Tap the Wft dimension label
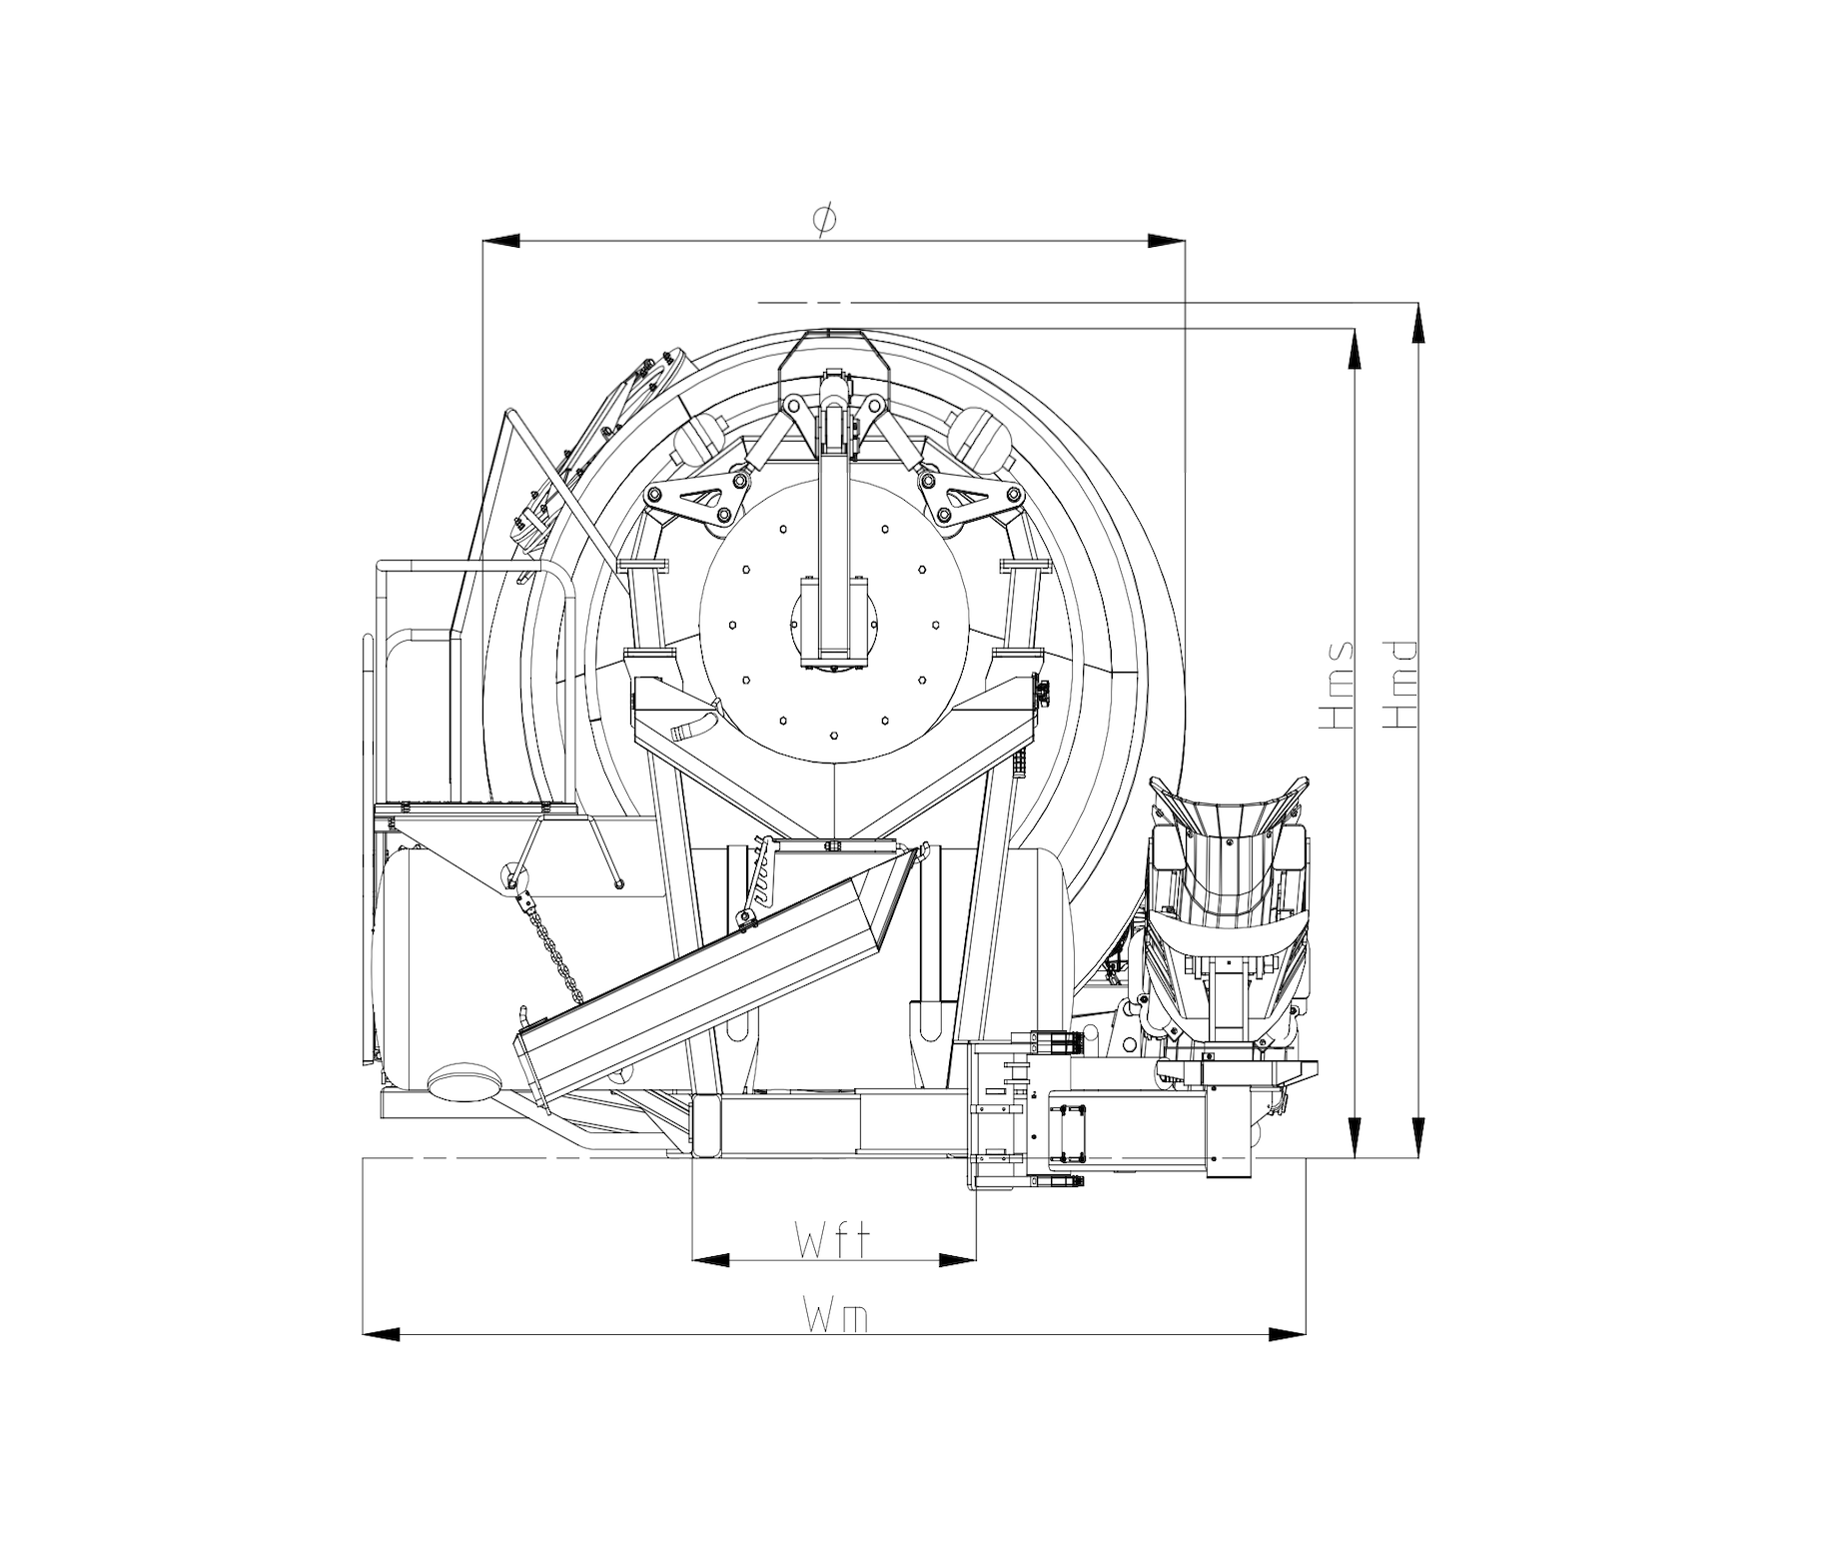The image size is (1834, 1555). coord(832,1242)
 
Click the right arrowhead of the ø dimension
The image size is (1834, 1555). coord(1166,241)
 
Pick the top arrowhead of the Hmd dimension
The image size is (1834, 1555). coord(1417,321)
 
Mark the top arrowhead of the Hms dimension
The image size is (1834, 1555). coord(1355,347)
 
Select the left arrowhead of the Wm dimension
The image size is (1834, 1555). coord(382,1333)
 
